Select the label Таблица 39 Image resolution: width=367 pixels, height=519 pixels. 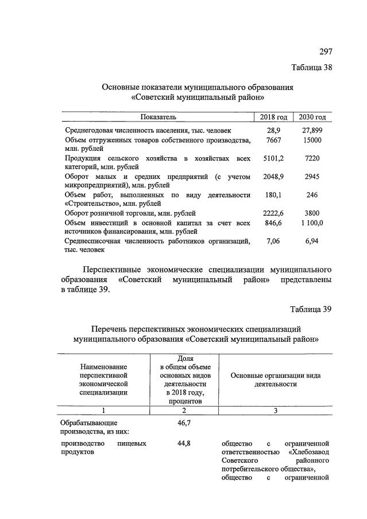point(311,310)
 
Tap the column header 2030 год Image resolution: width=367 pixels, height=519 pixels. point(312,117)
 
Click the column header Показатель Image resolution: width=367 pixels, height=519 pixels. point(158,117)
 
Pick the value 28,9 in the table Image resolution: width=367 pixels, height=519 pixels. point(273,131)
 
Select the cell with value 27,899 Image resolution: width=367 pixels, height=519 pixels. point(312,131)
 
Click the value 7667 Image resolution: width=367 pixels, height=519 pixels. point(273,141)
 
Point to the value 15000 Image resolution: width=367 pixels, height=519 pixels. point(312,141)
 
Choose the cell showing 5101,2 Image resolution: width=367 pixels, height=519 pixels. point(273,158)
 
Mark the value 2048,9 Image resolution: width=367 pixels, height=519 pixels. point(273,177)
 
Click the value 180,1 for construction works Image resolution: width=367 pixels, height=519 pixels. point(273,195)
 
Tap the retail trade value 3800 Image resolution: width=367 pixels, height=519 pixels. point(312,213)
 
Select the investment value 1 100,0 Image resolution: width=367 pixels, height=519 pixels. point(312,223)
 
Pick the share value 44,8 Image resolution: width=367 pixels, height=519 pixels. point(181,443)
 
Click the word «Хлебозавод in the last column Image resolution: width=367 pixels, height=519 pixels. point(308,452)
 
